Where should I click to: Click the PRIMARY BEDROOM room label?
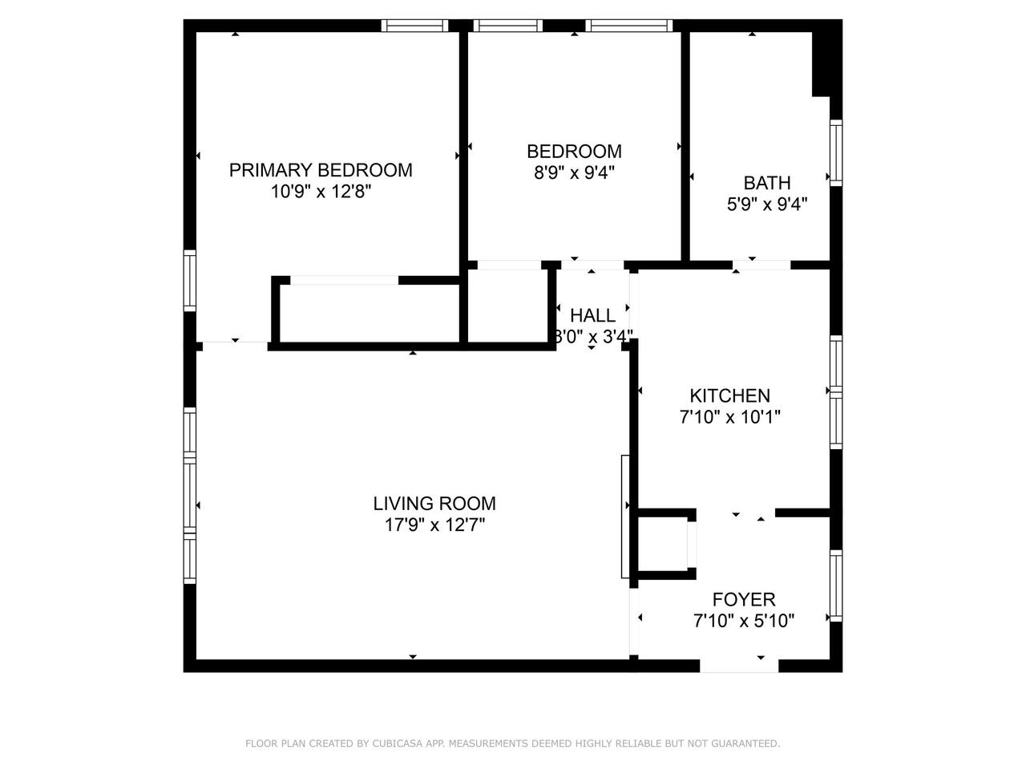point(321,170)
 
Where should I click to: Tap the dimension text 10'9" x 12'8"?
point(321,192)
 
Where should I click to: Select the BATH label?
point(767,183)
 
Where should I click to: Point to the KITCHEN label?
point(729,395)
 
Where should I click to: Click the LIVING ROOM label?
point(434,504)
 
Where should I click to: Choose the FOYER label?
point(744,599)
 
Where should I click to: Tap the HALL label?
point(592,315)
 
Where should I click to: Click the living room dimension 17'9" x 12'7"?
point(434,525)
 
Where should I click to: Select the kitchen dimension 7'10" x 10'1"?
point(729,416)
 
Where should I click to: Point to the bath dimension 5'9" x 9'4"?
point(767,205)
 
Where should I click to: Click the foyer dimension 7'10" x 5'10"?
point(744,621)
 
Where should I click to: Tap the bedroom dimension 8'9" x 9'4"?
point(574,173)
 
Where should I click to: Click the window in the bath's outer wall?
point(836,152)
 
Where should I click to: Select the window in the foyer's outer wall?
point(836,586)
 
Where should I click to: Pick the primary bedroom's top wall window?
point(414,26)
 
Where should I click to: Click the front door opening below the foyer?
point(739,666)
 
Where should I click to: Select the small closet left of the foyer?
point(663,544)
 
